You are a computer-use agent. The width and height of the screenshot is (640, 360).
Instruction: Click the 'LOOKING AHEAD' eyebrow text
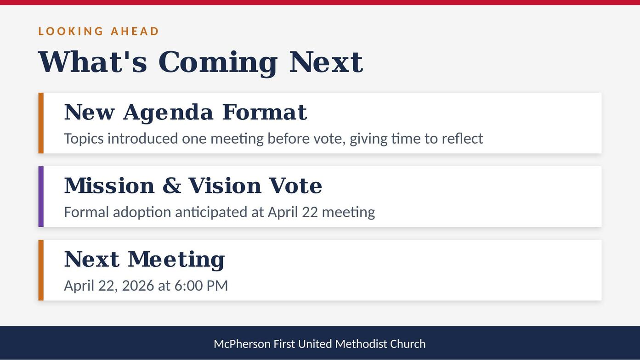coord(98,31)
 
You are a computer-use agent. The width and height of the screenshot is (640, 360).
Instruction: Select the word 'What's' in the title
coord(92,62)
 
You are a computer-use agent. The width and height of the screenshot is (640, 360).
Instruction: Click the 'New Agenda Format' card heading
coord(186,112)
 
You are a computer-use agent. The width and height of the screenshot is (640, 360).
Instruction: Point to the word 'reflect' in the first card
coord(462,139)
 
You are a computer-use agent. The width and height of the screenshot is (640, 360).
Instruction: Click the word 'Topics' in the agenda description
coord(84,139)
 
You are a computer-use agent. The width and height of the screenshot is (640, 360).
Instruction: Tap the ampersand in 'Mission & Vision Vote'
coord(172,186)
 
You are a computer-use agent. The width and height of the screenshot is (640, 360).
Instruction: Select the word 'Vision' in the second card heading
coord(225,186)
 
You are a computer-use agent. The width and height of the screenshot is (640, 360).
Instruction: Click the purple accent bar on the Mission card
coord(41,197)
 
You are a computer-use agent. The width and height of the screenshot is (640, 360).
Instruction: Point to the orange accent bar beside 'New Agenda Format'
coord(41,123)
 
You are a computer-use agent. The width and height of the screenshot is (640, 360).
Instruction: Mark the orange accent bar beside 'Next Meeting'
coord(41,270)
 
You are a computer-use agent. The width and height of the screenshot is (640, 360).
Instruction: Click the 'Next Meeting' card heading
coord(145,260)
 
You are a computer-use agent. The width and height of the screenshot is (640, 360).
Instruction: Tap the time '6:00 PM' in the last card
coord(201,286)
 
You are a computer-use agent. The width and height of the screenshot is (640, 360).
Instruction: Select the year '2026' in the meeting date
coord(138,286)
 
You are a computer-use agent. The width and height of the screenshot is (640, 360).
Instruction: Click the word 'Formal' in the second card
coord(86,212)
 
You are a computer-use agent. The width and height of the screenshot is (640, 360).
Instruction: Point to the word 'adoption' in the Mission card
coord(142,213)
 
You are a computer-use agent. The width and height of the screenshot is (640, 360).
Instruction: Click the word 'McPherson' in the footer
coord(242,344)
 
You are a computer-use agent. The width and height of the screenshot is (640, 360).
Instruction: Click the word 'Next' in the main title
coord(326,62)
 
